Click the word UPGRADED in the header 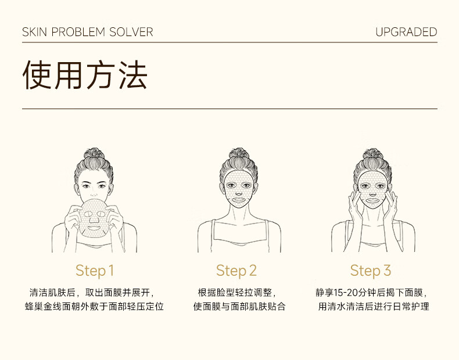tap(406, 32)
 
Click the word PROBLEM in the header tap(78, 32)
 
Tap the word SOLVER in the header tap(131, 32)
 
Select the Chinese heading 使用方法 tap(85, 74)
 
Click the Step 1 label tap(95, 271)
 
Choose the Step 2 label tap(236, 271)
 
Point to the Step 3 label tap(371, 271)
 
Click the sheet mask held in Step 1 tap(94, 218)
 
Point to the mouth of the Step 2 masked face tap(239, 200)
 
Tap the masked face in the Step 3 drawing tap(372, 189)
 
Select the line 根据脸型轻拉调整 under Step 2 tap(237, 293)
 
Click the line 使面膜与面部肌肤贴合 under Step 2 tap(239, 307)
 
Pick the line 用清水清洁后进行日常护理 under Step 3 tap(374, 307)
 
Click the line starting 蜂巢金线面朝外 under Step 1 tap(94, 307)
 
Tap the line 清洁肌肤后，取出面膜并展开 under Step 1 tap(92, 293)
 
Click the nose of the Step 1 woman tap(94, 193)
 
